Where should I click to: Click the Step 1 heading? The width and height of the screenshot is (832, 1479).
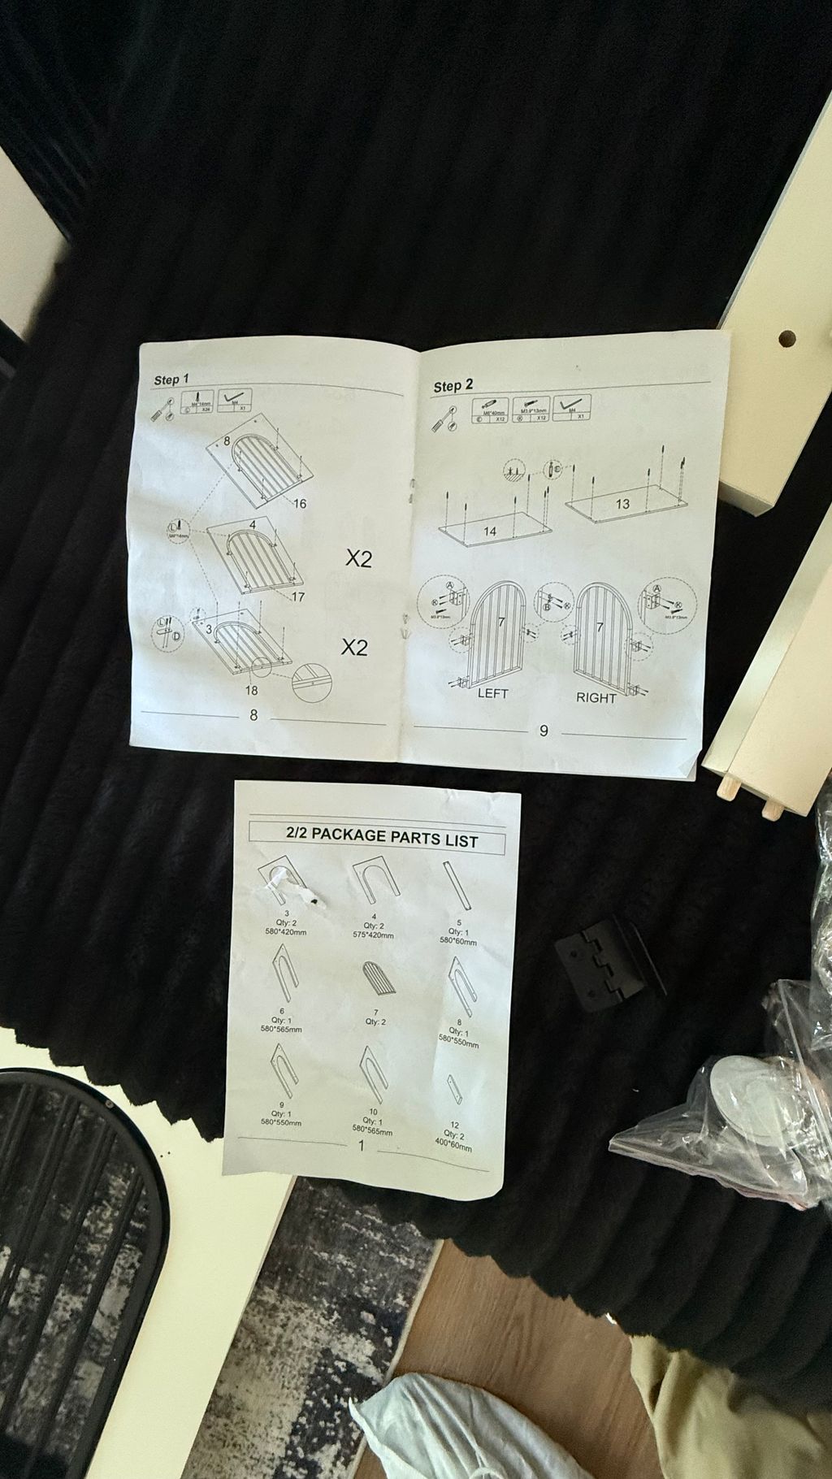171,380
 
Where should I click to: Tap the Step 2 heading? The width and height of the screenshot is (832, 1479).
453,386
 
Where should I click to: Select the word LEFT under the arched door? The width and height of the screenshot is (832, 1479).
492,693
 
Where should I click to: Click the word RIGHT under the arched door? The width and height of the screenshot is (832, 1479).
596,697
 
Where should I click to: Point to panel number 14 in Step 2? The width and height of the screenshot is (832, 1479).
489,531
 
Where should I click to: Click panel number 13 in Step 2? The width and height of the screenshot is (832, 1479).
622,504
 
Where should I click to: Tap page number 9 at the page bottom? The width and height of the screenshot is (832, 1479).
544,731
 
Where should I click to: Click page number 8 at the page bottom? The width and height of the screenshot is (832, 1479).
254,715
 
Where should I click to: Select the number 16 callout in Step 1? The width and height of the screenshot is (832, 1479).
299,503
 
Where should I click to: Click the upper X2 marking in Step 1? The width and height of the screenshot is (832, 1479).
358,559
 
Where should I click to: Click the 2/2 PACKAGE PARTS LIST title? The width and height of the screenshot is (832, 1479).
381,838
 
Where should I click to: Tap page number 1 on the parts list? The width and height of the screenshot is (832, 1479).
362,1146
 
